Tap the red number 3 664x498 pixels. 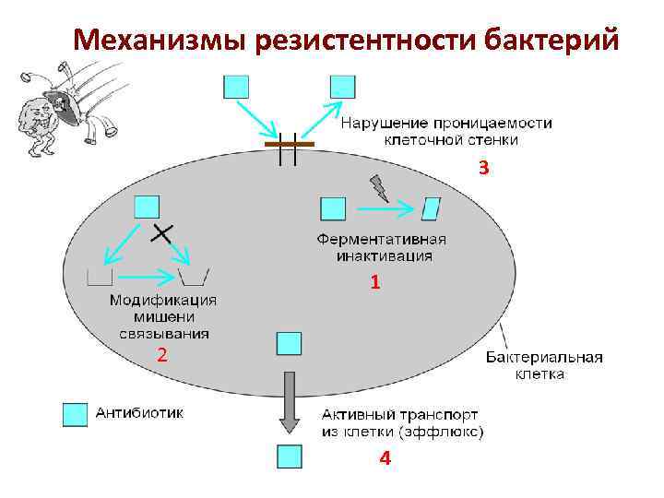pyautogui.click(x=483, y=169)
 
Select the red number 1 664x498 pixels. pyautogui.click(x=374, y=284)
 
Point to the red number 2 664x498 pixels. pyautogui.click(x=160, y=355)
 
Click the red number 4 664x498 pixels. pyautogui.click(x=384, y=458)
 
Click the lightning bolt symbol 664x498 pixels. pyautogui.click(x=379, y=189)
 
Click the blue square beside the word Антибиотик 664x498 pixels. pyautogui.click(x=75, y=414)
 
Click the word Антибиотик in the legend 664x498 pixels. pyautogui.click(x=140, y=413)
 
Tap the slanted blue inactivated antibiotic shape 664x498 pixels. pyautogui.click(x=431, y=208)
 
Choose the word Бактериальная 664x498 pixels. pyautogui.click(x=544, y=358)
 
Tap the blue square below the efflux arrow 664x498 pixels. pyautogui.click(x=290, y=456)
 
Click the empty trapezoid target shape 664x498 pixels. pyautogui.click(x=195, y=276)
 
